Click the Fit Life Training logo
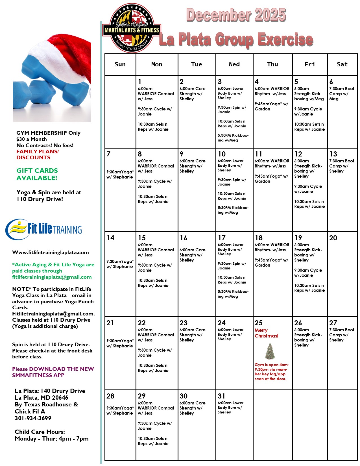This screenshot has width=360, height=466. click(x=44, y=229)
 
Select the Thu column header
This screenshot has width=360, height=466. click(x=272, y=64)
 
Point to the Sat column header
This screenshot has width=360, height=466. click(x=342, y=64)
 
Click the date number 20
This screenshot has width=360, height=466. click(x=333, y=238)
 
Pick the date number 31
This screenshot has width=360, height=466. click(x=221, y=396)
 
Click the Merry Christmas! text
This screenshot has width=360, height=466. click(x=266, y=333)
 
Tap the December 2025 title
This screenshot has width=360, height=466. click(x=236, y=15)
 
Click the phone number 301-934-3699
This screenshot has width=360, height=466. click(x=33, y=418)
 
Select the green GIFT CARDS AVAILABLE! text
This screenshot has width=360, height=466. click(x=37, y=174)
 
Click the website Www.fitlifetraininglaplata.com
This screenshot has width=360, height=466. click(x=51, y=252)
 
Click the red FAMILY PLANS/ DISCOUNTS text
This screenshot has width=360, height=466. click(x=38, y=154)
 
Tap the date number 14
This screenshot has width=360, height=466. click(x=110, y=238)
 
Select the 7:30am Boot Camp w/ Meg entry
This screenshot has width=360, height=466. click(x=341, y=94)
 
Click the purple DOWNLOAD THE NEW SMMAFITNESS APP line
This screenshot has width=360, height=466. click(x=53, y=372)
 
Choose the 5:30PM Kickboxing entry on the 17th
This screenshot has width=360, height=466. click(x=233, y=294)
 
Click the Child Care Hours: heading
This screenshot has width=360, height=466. click(x=40, y=432)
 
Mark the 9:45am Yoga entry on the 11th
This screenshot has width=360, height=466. click(x=271, y=178)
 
